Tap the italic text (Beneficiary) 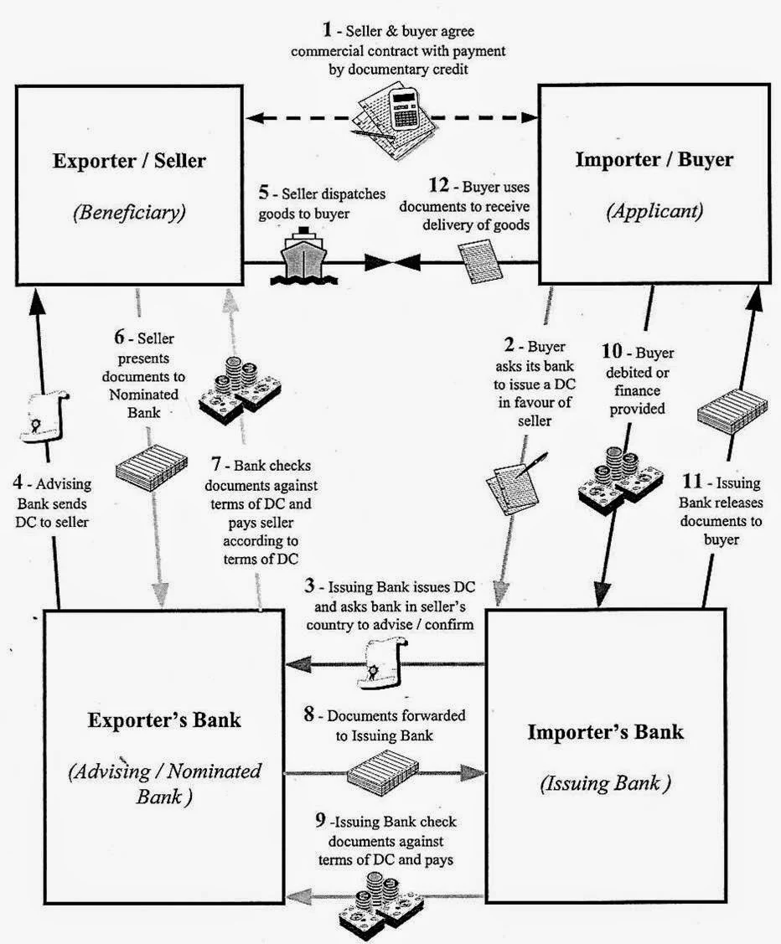coord(129,212)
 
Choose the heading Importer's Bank coord(605,731)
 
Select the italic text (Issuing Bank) coord(606,784)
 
